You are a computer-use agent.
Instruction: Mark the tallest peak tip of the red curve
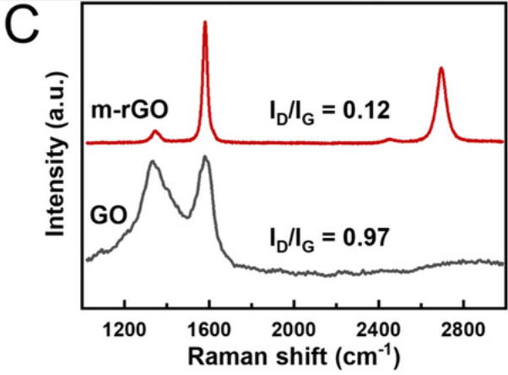[x=205, y=23]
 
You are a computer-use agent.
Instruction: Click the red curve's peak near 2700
[x=440, y=69]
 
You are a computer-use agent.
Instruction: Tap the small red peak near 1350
[x=154, y=132]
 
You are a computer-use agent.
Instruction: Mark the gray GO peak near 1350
[x=152, y=162]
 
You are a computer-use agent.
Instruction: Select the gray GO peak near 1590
[x=205, y=157]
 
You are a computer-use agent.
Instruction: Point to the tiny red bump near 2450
[x=388, y=139]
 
